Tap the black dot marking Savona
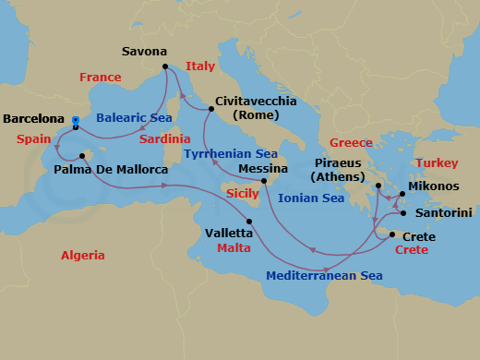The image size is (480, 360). point(165,66)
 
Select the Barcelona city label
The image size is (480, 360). point(34,119)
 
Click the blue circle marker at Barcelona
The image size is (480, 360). point(75,119)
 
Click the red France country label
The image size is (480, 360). point(101,78)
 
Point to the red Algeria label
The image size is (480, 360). point(83,256)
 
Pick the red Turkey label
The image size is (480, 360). point(437,163)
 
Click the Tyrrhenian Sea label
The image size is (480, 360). point(230,154)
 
